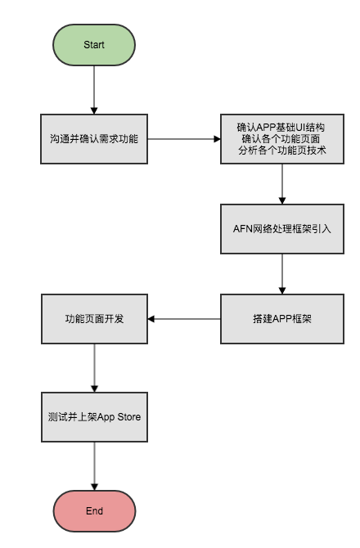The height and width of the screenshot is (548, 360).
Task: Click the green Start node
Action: click(94, 45)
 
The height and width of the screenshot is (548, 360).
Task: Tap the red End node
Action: click(94, 511)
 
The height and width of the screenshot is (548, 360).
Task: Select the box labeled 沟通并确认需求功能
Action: click(94, 139)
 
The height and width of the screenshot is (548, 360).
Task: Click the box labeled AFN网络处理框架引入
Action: click(282, 229)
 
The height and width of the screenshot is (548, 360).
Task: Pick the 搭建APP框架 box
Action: click(282, 319)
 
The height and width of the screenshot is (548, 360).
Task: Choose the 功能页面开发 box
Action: click(94, 319)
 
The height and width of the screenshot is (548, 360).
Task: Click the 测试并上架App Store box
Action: click(94, 417)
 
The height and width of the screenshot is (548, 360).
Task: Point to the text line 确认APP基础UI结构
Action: click(281, 128)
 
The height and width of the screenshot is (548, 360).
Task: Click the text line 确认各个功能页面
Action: click(281, 139)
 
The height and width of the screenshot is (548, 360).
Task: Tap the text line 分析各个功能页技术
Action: click(282, 150)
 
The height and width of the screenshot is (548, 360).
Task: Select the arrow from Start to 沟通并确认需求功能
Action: click(94, 90)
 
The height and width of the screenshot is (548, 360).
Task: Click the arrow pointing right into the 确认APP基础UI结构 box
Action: click(184, 139)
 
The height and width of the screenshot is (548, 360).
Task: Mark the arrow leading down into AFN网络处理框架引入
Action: click(282, 184)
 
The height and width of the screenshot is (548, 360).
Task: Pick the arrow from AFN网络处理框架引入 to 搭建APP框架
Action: click(282, 274)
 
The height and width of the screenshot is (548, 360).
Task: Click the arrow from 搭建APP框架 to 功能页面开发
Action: click(184, 319)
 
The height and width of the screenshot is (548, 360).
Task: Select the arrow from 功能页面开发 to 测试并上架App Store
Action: click(94, 368)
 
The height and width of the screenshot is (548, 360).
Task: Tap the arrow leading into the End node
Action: click(94, 466)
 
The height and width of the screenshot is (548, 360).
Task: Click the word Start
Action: click(94, 45)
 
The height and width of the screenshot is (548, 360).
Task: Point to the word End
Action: click(94, 511)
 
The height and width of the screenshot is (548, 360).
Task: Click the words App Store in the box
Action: click(119, 417)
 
